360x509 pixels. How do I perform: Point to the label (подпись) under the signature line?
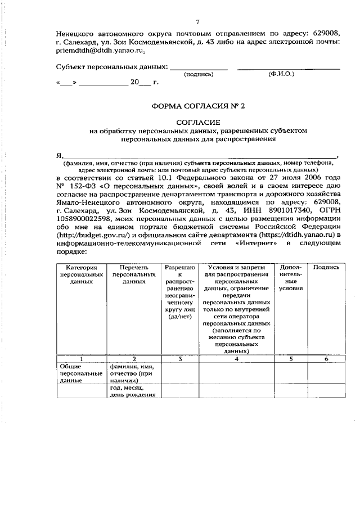click(x=199, y=74)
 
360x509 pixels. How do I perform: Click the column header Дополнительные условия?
click(x=291, y=277)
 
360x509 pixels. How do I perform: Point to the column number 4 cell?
click(x=236, y=358)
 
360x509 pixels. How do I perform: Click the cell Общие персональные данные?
click(x=81, y=373)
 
